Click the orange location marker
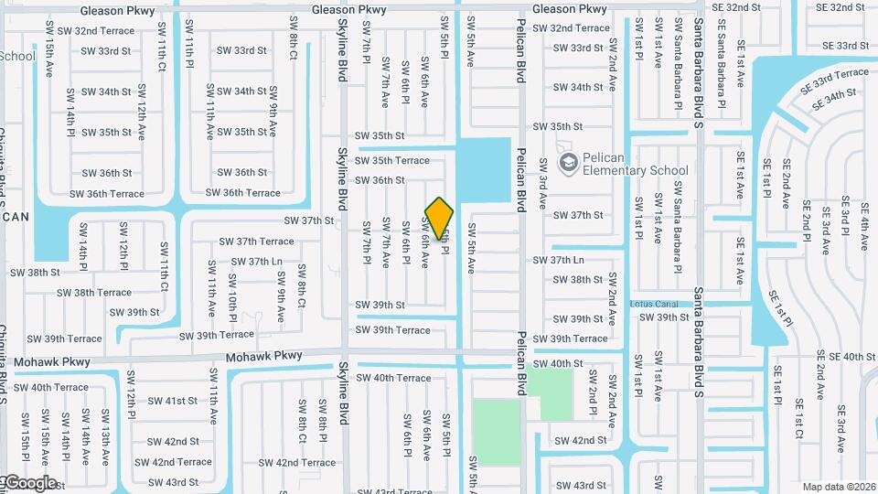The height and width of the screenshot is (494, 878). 440,219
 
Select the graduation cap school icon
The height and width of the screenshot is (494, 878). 568,163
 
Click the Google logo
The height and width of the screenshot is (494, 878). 29,482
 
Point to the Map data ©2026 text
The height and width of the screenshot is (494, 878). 839,487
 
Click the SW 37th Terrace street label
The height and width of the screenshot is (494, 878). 256,242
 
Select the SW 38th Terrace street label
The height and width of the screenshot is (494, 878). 94,293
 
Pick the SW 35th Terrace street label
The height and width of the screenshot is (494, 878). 392,160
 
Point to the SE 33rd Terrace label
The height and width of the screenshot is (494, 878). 835,80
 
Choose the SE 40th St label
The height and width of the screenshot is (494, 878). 846,356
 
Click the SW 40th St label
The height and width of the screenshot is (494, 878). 558,363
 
